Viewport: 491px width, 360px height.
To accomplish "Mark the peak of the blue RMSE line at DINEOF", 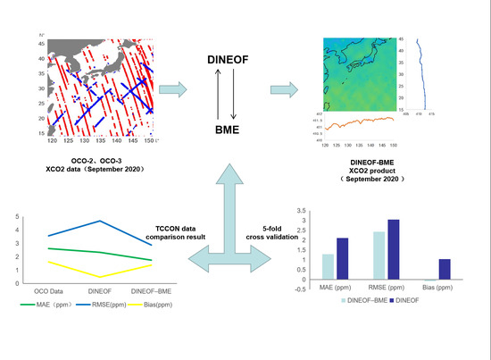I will click(99, 221).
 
